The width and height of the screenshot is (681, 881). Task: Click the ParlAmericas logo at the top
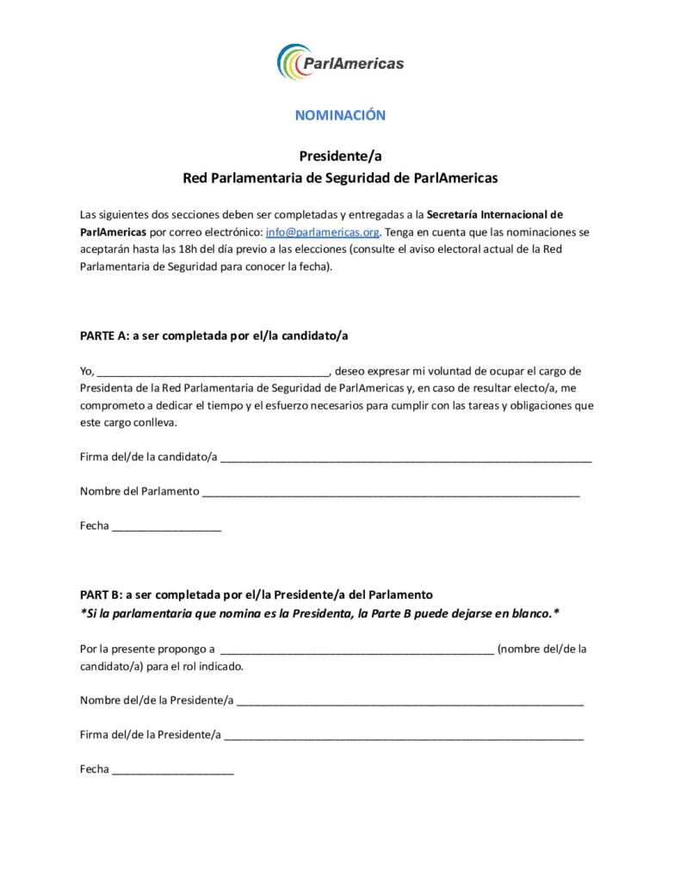(x=340, y=62)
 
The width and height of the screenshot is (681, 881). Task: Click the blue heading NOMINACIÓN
(x=340, y=114)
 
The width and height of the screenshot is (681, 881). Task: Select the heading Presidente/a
(x=340, y=156)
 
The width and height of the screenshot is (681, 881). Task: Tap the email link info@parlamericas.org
(x=322, y=232)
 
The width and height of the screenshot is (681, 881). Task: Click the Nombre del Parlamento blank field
(x=391, y=493)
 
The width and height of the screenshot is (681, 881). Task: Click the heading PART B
(x=256, y=595)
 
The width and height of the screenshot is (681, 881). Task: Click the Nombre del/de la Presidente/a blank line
(x=410, y=702)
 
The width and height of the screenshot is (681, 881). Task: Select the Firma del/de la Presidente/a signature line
(x=404, y=736)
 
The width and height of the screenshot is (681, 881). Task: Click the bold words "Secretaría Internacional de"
(x=494, y=214)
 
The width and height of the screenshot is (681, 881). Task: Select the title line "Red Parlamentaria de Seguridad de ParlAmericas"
(x=340, y=179)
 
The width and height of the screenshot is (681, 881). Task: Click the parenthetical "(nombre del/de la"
(x=542, y=650)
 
